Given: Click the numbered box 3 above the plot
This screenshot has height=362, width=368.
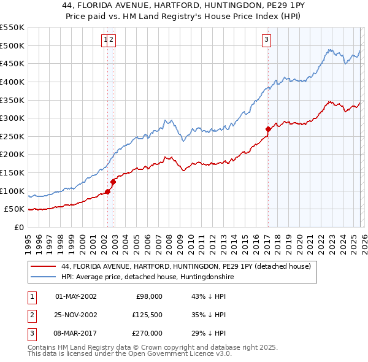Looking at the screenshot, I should click(x=267, y=40).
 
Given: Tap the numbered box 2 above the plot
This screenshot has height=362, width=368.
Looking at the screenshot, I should click(x=113, y=40).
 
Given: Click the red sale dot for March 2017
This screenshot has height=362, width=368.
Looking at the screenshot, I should click(x=268, y=129).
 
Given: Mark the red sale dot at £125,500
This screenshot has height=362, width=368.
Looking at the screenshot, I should click(x=113, y=182).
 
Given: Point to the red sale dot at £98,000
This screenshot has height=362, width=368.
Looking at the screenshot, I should click(x=107, y=191).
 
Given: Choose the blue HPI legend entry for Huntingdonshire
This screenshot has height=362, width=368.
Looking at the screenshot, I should click(x=147, y=277).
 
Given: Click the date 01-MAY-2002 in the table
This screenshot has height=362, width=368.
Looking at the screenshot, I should click(x=76, y=296).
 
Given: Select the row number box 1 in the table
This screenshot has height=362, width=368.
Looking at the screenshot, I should click(x=31, y=296).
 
